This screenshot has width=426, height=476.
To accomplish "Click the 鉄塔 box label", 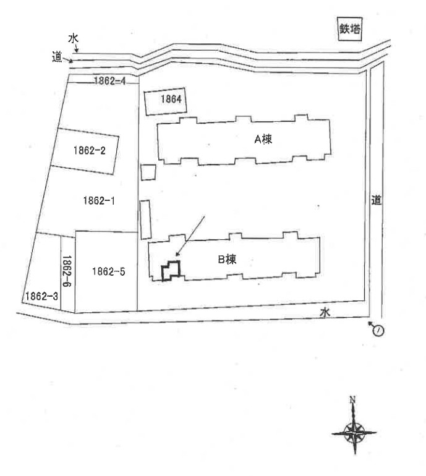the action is (x=350, y=29).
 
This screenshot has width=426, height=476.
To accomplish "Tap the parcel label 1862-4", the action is (x=109, y=81).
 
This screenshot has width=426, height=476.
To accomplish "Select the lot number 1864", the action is (x=171, y=99).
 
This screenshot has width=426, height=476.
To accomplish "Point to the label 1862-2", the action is (x=89, y=150).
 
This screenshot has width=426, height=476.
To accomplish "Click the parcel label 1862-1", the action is (x=99, y=201).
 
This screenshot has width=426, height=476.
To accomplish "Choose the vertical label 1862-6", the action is (x=67, y=271).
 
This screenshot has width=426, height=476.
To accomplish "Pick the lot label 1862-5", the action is (x=108, y=271).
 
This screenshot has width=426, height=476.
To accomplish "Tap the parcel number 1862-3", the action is (x=41, y=296).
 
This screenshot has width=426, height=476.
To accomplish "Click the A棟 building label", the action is (x=263, y=139).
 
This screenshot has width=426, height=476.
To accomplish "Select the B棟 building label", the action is (x=227, y=260).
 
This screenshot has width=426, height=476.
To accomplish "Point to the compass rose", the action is (x=354, y=431).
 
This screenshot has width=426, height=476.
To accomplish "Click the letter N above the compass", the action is (x=352, y=400).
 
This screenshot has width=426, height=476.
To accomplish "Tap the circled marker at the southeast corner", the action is (x=378, y=330).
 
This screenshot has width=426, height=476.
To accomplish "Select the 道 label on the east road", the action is (x=376, y=200).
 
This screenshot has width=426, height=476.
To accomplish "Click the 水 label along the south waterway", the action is (x=325, y=313).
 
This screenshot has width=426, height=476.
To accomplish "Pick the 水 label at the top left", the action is (x=73, y=38).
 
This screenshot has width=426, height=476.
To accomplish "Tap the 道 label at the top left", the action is (x=57, y=57).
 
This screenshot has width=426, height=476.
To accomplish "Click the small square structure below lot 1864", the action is (x=148, y=172).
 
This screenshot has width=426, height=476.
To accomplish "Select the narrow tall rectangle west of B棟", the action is (x=145, y=219).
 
